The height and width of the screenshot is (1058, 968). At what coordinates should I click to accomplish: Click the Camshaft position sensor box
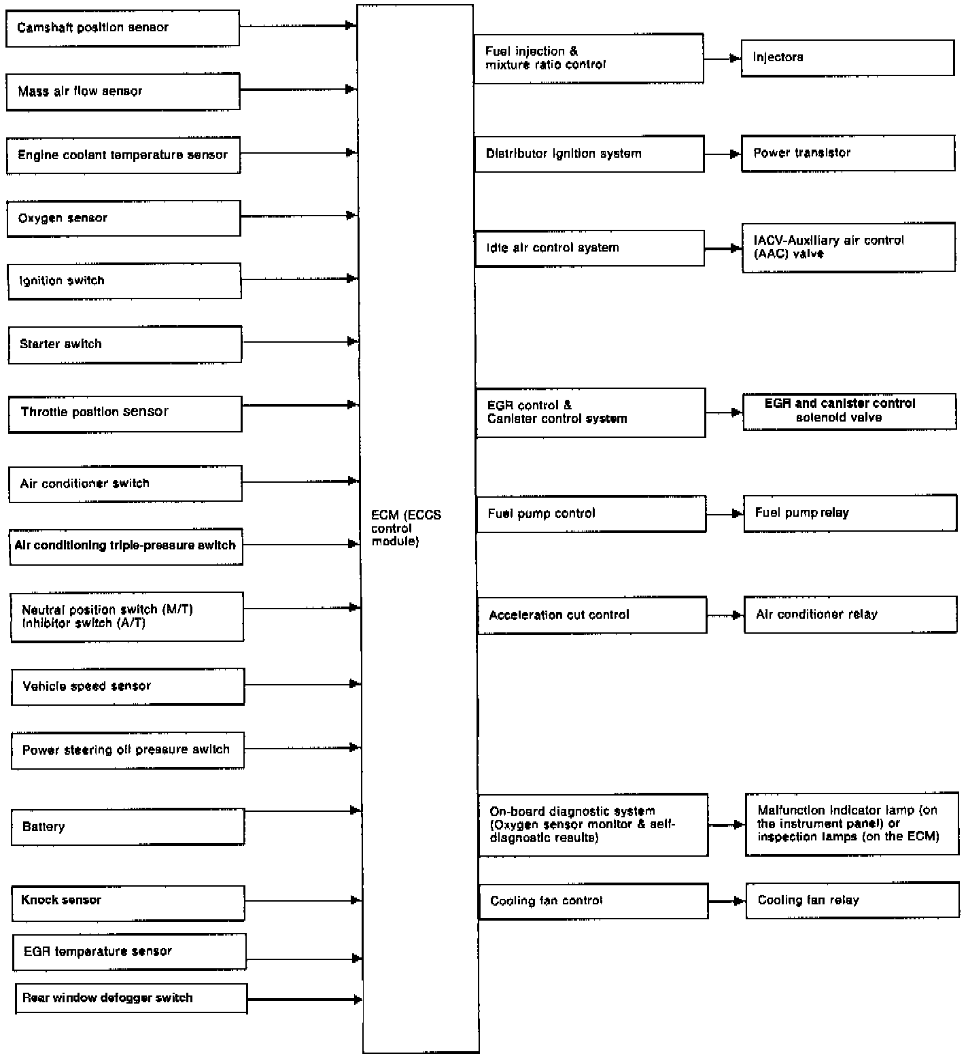tap(122, 28)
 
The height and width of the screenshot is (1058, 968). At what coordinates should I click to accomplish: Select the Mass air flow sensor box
tap(123, 92)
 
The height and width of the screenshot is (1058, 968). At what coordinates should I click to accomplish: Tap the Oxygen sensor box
tap(124, 218)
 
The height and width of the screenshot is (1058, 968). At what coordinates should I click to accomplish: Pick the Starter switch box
tap(125, 344)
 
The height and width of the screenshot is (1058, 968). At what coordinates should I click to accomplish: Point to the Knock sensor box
tap(128, 903)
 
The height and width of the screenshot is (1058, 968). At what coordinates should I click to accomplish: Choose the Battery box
tap(128, 827)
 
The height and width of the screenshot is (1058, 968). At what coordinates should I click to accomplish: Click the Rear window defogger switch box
tap(131, 998)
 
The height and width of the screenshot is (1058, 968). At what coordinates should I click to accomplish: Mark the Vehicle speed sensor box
tap(128, 686)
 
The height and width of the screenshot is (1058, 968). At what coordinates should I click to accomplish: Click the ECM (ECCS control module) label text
tap(405, 528)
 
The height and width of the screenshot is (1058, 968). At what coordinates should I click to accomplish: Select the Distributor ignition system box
tap(589, 154)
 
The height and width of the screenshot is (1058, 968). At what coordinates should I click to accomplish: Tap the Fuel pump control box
tap(591, 513)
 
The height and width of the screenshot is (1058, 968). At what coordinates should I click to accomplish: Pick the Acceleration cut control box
tap(591, 615)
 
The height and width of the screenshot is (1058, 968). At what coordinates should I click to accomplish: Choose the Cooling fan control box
tap(593, 901)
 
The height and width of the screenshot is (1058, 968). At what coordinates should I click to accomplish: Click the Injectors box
tap(847, 58)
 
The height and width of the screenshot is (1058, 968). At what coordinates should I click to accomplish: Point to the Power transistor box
tap(848, 153)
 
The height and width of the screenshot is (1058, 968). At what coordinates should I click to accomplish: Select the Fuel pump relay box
tap(850, 513)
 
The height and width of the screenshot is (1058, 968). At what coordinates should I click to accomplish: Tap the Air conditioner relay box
tap(850, 615)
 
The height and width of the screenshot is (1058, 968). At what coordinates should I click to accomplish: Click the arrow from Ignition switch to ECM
tap(299, 279)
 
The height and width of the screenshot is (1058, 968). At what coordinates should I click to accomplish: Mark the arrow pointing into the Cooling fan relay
tap(727, 902)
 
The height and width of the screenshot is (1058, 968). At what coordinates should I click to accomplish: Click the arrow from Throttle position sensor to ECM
tap(300, 405)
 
